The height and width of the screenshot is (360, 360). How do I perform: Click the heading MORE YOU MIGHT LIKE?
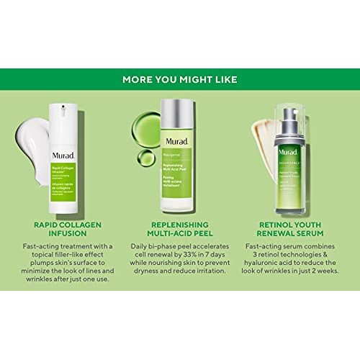coord(180,79)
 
